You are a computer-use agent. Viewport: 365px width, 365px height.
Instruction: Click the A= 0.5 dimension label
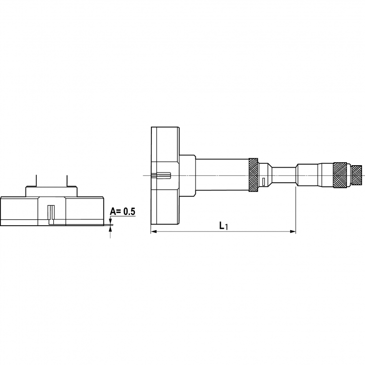(122, 212)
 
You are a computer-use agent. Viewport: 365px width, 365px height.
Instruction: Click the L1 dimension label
(223, 225)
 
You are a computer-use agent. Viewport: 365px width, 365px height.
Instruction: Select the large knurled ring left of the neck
(253, 175)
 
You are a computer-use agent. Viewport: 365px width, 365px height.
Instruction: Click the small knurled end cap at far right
(357, 172)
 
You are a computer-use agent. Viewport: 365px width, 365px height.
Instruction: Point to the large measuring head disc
(165, 175)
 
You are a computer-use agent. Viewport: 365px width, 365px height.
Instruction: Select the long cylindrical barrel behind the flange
(222, 175)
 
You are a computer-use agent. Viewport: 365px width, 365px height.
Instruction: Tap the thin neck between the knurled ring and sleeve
(283, 175)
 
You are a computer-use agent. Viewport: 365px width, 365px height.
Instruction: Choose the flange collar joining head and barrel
(188, 175)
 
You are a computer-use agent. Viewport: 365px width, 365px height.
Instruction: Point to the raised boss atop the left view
(51, 191)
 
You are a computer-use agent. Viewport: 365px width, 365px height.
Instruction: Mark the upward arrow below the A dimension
(110, 228)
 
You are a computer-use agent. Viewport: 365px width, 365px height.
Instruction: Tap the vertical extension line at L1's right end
(296, 210)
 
